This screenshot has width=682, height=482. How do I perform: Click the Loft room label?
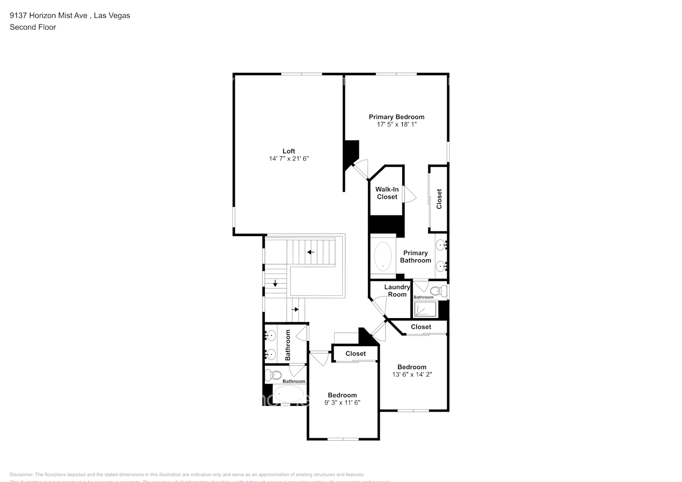tap(288, 151)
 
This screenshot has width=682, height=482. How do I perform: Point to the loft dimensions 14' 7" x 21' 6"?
tap(288, 159)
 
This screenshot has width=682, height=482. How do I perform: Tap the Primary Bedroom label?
tap(396, 117)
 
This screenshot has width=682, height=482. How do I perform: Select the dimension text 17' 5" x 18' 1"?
tap(396, 124)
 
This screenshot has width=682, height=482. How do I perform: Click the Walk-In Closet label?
tap(387, 193)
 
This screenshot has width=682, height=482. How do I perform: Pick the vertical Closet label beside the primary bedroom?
tap(439, 199)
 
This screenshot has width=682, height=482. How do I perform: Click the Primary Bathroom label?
tap(415, 256)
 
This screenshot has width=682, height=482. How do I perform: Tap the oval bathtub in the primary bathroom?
tap(383, 256)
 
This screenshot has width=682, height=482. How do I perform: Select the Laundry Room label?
tap(397, 291)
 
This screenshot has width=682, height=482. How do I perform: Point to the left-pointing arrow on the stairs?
tap(311, 252)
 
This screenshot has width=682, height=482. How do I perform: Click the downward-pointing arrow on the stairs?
tap(275, 283)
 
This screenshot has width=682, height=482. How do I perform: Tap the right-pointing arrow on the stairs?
tap(296, 309)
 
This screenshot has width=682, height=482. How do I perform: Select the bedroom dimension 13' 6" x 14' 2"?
tap(412, 374)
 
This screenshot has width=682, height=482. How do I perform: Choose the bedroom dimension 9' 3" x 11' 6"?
tap(342, 402)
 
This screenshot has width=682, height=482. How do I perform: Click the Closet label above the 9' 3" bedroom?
tap(355, 353)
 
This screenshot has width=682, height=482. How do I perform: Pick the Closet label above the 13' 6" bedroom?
tap(421, 327)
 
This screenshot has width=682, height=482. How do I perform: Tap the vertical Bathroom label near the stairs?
tap(288, 345)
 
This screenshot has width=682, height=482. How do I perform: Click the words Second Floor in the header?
tap(33, 27)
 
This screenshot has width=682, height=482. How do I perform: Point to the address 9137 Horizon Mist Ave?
tap(49, 15)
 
